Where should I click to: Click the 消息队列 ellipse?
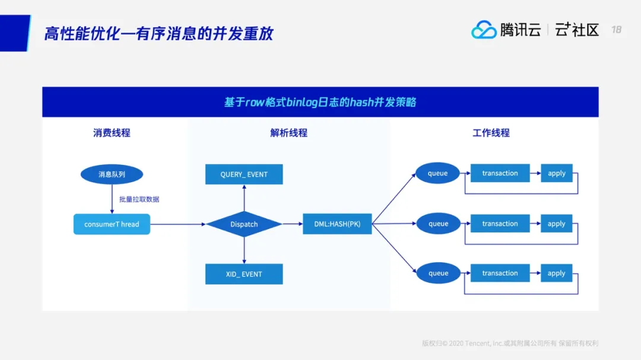coord(112,174)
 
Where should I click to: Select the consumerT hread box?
coord(112,224)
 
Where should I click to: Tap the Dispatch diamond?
coord(244,224)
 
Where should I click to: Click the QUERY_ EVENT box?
coord(244,174)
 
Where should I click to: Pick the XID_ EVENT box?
coord(244,274)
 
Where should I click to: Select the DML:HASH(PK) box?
coord(337,224)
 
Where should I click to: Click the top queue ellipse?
coord(438,173)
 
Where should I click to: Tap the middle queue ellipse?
coord(438,224)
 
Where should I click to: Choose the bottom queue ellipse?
coord(438,273)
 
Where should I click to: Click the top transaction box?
coord(500,173)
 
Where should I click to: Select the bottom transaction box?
coord(500,273)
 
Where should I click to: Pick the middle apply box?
coord(556,224)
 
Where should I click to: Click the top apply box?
coord(556,173)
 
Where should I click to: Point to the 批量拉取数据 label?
coord(139,199)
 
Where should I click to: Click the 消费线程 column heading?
coord(112,133)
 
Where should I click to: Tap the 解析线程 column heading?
coord(288,133)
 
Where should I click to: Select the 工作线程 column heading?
coord(491,133)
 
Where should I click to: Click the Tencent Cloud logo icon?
coord(484,30)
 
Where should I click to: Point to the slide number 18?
coord(616,30)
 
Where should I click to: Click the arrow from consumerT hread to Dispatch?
coord(178,224)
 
